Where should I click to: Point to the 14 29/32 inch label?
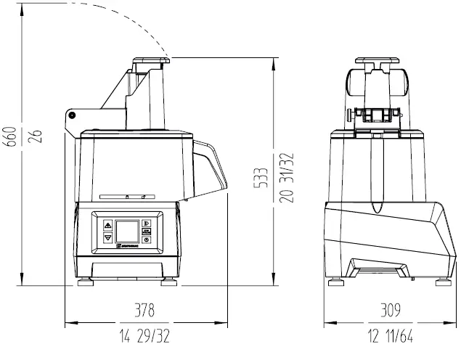point(145,337)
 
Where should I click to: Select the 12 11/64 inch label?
point(390,337)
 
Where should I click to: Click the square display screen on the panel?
point(127,230)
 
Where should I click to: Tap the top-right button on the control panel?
point(146,224)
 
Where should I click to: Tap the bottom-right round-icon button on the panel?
point(146,239)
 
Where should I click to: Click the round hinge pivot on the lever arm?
point(72,114)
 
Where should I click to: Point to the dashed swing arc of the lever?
point(116,18)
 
